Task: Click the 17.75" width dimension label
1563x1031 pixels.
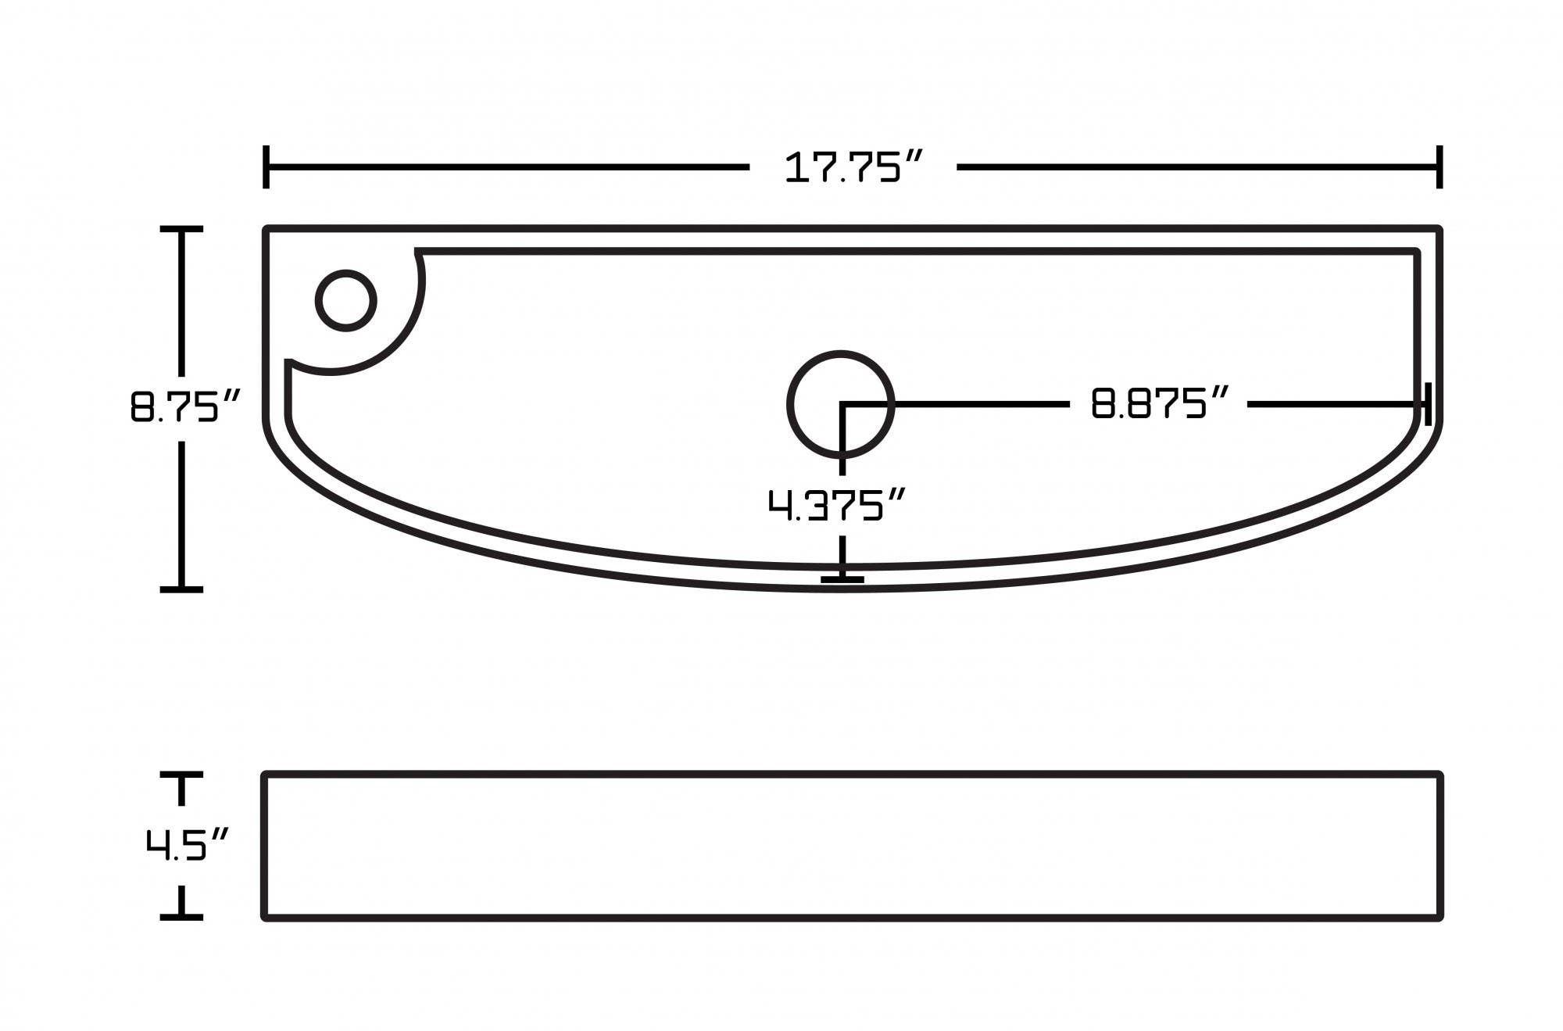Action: pyautogui.click(x=853, y=168)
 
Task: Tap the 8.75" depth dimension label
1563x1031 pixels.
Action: pyautogui.click(x=184, y=407)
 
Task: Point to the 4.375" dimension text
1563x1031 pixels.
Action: pyautogui.click(x=836, y=505)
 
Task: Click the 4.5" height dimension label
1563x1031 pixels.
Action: pyautogui.click(x=187, y=845)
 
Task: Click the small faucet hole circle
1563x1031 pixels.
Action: pyautogui.click(x=346, y=301)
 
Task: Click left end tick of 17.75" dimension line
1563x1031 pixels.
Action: pyautogui.click(x=266, y=166)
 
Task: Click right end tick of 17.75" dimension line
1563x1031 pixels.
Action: pyautogui.click(x=1439, y=166)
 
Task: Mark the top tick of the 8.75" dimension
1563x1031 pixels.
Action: pyautogui.click(x=181, y=229)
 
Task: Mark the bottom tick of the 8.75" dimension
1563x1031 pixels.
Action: pyautogui.click(x=181, y=589)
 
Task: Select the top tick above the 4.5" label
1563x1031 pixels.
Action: pyautogui.click(x=181, y=775)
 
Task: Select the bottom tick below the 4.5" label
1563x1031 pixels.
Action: pyautogui.click(x=181, y=916)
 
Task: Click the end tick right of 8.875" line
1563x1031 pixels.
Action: pyautogui.click(x=1428, y=404)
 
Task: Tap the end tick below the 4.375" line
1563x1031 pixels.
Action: pyautogui.click(x=842, y=579)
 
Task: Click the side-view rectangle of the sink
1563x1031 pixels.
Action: pyautogui.click(x=852, y=846)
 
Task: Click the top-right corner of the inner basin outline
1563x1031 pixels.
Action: pyautogui.click(x=1416, y=252)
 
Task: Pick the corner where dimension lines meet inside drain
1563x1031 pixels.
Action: pyautogui.click(x=842, y=404)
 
